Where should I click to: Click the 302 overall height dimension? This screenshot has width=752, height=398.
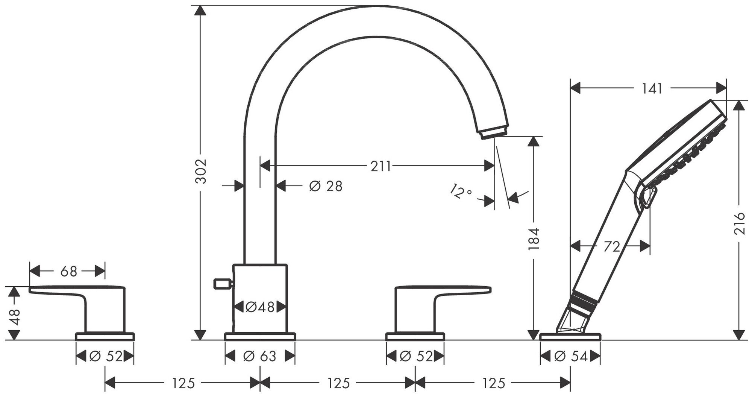click(x=202, y=171)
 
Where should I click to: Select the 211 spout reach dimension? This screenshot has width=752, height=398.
click(x=381, y=166)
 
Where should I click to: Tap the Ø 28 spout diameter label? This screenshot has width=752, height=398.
click(x=326, y=186)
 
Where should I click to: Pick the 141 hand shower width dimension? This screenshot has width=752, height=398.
click(x=652, y=89)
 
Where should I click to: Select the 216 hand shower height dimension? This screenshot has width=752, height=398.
click(x=739, y=223)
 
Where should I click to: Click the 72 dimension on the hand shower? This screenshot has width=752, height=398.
click(x=611, y=247)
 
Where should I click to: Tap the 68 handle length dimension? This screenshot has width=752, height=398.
click(x=68, y=271)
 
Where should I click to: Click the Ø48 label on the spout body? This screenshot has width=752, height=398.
click(x=260, y=307)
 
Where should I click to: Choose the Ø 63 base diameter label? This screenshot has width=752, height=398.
click(x=260, y=356)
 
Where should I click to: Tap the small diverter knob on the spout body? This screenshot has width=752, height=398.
click(x=222, y=284)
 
